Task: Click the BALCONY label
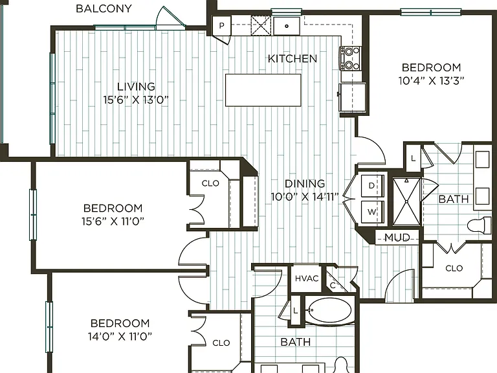point(104,8)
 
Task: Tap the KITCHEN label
point(293,59)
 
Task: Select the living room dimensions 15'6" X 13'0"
point(136,100)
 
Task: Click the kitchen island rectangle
point(263,90)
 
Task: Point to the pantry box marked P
point(221,25)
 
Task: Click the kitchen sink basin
point(287,26)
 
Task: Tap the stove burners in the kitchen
point(350,58)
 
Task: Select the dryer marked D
point(373,186)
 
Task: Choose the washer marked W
point(373,212)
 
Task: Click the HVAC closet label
point(307,278)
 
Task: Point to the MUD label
point(397,237)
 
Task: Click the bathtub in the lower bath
point(329,310)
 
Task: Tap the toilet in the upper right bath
point(479,225)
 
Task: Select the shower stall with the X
point(406,202)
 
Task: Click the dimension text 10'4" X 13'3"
point(431,81)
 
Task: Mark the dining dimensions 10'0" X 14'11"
point(305,197)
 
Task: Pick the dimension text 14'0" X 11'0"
point(120,336)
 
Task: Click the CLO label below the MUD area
point(454,268)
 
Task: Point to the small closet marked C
point(333,286)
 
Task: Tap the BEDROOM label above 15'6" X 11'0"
point(113,208)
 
